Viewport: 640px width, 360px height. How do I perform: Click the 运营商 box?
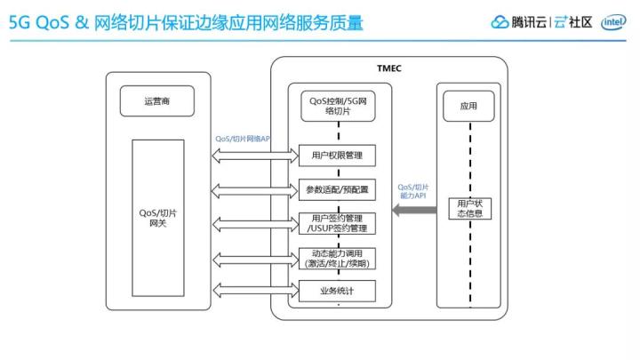pyautogui.click(x=157, y=101)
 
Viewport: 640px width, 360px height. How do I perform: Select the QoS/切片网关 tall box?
pyautogui.click(x=158, y=218)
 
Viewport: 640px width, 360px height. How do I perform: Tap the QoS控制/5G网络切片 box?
pyautogui.click(x=338, y=106)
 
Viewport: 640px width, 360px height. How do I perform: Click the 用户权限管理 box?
pyautogui.click(x=337, y=155)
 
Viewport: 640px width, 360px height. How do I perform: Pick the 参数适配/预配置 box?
pyautogui.click(x=337, y=190)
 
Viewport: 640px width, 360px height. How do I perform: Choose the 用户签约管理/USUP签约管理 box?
pyautogui.click(x=337, y=224)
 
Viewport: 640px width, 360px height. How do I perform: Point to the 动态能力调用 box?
pyautogui.click(x=337, y=259)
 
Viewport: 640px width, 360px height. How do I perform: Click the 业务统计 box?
pyautogui.click(x=337, y=291)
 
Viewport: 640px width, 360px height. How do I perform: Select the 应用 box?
pyautogui.click(x=468, y=106)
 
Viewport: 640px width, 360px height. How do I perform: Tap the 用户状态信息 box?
pyautogui.click(x=470, y=209)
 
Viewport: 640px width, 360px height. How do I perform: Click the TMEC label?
pyautogui.click(x=389, y=68)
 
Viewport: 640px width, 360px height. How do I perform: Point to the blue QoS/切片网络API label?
pyautogui.click(x=243, y=139)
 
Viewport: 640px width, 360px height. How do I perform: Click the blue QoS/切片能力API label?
pyautogui.click(x=413, y=191)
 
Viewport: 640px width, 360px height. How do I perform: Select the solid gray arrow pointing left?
pyautogui.click(x=414, y=210)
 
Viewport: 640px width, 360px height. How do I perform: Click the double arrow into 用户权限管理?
pyautogui.click(x=255, y=156)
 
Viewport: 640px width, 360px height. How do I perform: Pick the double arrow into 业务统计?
pyautogui.click(x=256, y=291)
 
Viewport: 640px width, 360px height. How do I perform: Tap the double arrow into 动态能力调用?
pyautogui.click(x=256, y=260)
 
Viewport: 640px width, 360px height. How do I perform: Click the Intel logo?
pyautogui.click(x=613, y=22)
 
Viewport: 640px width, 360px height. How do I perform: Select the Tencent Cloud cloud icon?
pyautogui.click(x=500, y=22)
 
